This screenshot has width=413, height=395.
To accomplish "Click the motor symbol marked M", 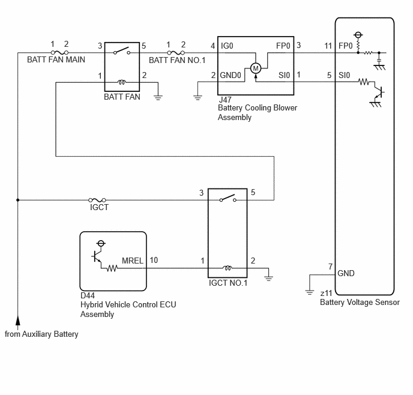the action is click(x=256, y=68).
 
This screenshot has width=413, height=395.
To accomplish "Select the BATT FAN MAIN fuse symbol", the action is click(x=59, y=53).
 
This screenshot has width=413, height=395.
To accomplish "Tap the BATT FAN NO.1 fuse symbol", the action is click(x=176, y=53).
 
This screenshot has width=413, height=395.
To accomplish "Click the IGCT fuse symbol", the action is click(x=97, y=200).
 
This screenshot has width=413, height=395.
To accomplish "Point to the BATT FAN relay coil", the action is click(x=121, y=82).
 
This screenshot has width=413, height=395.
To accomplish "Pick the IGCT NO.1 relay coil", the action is click(x=228, y=268).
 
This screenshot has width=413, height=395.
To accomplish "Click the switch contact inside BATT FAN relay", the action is click(x=122, y=51).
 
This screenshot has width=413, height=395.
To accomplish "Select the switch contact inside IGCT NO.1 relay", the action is click(x=228, y=198).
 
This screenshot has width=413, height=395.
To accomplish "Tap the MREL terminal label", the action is click(x=133, y=261).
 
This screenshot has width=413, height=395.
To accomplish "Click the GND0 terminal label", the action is click(x=231, y=75).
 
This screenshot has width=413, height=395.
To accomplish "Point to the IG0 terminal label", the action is click(x=227, y=46).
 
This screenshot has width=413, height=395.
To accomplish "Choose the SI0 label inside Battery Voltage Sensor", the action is click(x=344, y=75).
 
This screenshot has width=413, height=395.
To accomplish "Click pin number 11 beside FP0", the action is click(x=328, y=46).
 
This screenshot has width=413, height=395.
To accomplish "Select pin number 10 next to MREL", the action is click(x=154, y=260).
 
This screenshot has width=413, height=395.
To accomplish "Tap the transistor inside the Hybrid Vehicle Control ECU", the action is click(x=97, y=256).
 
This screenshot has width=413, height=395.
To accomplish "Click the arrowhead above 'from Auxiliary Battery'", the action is click(x=18, y=321).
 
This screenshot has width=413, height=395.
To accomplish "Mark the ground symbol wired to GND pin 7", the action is click(x=310, y=292).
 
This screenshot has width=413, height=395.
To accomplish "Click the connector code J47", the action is click(x=225, y=100).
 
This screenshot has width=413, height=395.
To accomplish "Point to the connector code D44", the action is click(x=88, y=295).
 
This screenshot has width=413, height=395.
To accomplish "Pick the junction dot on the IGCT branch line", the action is click(x=18, y=200).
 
